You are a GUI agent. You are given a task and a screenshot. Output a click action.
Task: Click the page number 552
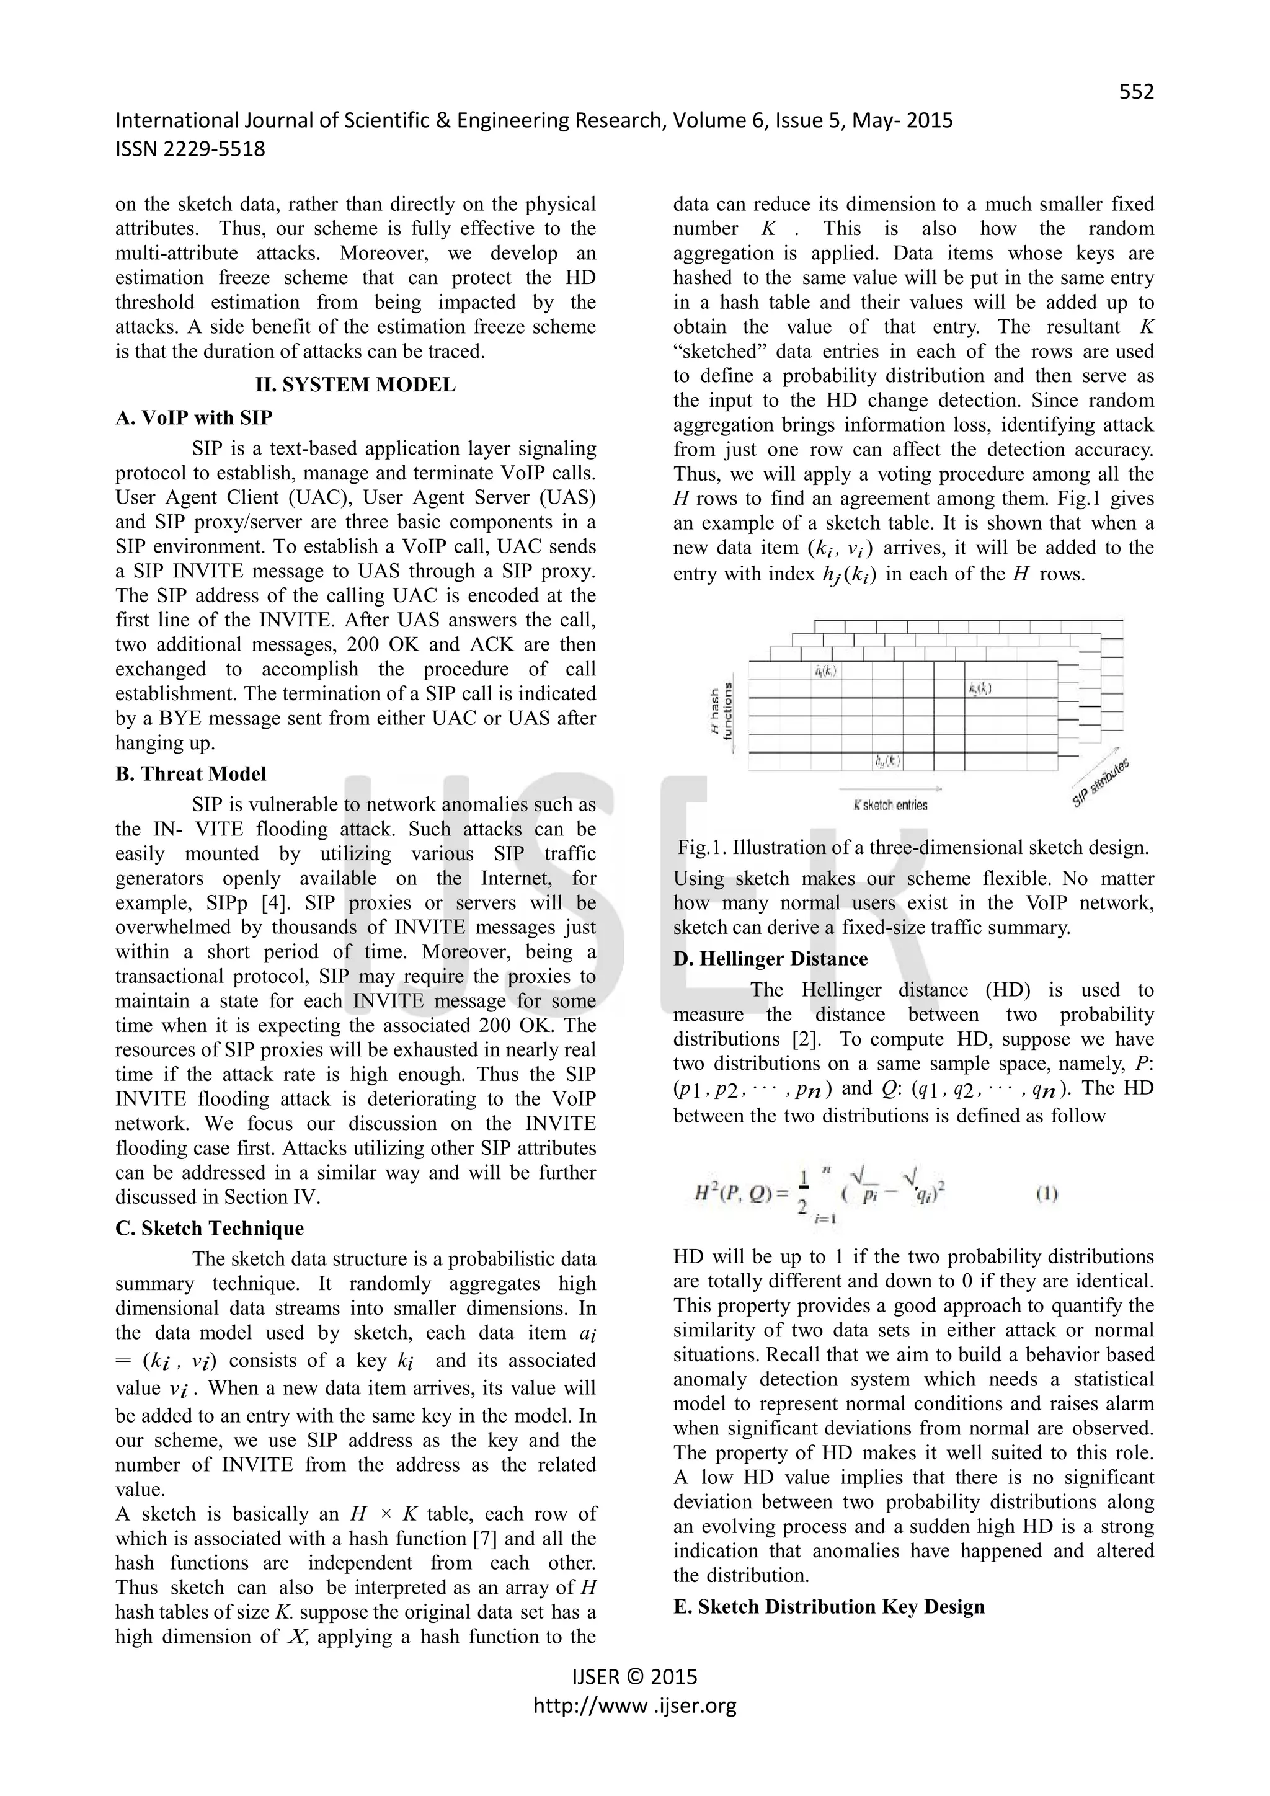[x=1135, y=92]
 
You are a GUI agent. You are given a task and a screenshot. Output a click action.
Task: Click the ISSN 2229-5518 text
[x=190, y=149]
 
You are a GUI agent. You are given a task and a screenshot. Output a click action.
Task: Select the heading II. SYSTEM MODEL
[x=355, y=385]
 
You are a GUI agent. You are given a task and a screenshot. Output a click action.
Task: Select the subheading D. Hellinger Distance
[x=770, y=959]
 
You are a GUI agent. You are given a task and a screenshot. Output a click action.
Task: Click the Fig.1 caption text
[x=913, y=848]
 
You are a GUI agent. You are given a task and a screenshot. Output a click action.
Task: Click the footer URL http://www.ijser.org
[x=634, y=1705]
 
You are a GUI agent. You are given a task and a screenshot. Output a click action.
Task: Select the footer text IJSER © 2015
[x=634, y=1676]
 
